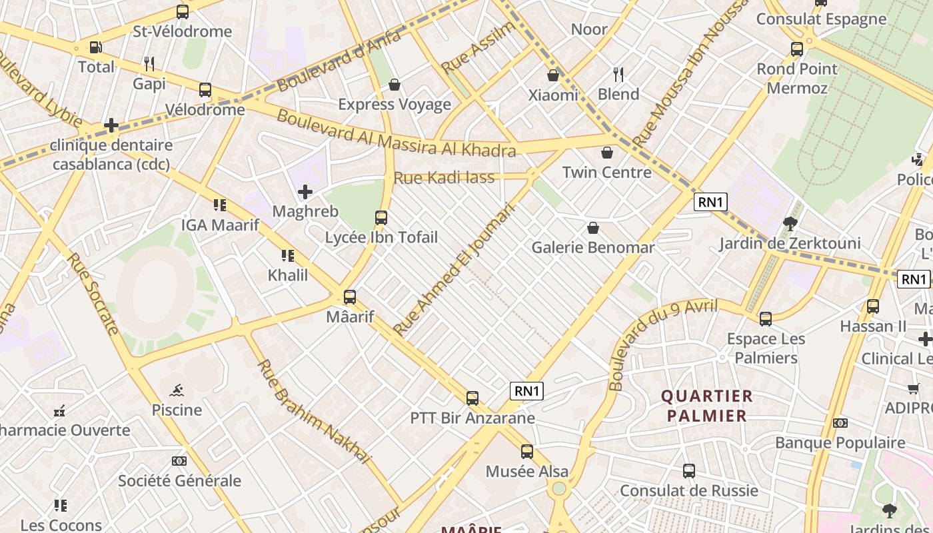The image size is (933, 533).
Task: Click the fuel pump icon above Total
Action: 95,47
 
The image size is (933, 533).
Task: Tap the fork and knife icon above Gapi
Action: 149,64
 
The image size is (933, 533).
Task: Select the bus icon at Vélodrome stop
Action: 205,90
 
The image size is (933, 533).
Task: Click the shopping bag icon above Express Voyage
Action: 395,85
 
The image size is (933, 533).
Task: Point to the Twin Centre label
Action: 606,173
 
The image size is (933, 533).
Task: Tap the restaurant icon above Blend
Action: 618,75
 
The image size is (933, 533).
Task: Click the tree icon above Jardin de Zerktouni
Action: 790,224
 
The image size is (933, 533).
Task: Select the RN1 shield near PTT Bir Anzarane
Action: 526,391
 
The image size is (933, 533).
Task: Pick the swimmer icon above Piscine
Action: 177,390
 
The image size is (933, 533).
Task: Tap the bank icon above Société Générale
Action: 179,461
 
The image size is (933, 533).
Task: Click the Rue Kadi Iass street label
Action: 444,178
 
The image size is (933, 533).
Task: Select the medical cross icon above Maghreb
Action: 305,193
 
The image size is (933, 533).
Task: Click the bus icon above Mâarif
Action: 350,297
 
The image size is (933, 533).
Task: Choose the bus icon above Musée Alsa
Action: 527,452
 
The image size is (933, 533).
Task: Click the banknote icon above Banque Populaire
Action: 840,423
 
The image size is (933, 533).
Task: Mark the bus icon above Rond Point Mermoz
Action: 797,49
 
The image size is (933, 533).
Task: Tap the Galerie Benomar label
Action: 592,248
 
